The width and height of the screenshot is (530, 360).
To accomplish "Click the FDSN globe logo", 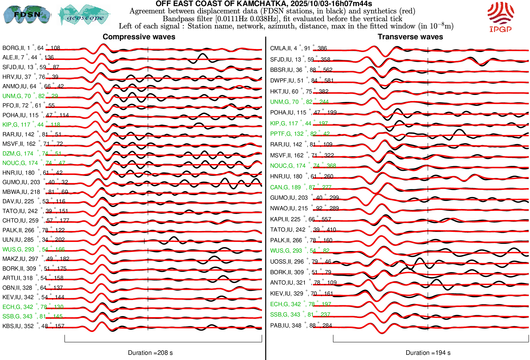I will pos(27,14).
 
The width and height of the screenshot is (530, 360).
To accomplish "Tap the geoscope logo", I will pos(84,15).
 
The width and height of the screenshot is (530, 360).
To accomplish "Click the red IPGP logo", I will pos(500,17).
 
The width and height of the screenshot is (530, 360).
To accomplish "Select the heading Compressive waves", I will pos(139,37).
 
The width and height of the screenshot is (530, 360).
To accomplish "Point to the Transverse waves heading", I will pos(410,37).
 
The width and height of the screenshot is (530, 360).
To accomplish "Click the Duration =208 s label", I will pos(150,353).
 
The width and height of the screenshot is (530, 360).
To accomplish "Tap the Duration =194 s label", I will pos(428,353).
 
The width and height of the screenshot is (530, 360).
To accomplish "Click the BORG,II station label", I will pos(31,48).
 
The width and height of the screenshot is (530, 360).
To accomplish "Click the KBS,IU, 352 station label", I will pos(33,326).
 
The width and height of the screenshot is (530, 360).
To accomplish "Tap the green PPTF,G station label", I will pos(300,134).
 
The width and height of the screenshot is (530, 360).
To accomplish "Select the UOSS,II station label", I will pos(300,262).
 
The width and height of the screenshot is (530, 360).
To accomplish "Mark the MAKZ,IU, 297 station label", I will pos(36,259).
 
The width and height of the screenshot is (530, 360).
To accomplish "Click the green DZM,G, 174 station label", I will pos(32,154).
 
